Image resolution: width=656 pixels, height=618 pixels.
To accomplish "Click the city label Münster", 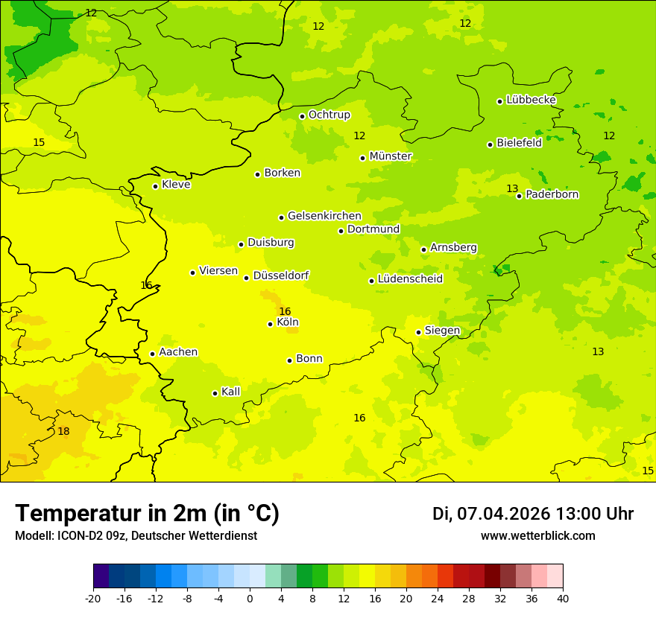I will (391, 156).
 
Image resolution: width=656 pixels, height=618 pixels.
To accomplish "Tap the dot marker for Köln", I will (270, 324).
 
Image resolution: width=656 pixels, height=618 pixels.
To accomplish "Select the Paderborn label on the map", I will (552, 194).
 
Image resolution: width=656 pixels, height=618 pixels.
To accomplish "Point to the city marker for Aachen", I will (152, 354).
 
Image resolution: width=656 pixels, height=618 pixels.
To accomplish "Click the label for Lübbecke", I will (531, 100).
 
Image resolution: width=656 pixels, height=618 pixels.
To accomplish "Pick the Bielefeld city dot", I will (490, 144).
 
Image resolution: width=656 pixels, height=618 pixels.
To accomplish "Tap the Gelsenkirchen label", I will (324, 216).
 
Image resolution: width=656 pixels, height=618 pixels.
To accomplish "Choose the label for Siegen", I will (442, 331).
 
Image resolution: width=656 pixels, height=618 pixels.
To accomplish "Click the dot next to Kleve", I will (155, 186).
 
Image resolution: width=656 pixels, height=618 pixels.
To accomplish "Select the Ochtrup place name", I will (329, 115).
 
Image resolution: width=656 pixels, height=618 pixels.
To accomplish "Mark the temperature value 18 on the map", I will (63, 431).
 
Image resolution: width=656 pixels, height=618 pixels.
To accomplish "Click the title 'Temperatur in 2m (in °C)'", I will (147, 514).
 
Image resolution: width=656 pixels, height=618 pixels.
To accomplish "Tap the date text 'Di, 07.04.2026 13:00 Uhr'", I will (532, 514).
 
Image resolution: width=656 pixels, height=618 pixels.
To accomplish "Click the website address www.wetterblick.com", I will (537, 536).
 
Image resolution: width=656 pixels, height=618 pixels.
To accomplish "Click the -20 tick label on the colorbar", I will (93, 599).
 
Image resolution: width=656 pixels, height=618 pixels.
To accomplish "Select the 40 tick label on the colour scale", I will (563, 599).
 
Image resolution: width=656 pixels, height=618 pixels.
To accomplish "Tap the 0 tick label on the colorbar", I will (250, 599).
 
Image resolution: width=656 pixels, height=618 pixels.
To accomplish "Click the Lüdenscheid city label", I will (410, 279).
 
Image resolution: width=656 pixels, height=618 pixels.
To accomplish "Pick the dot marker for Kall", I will (215, 393).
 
